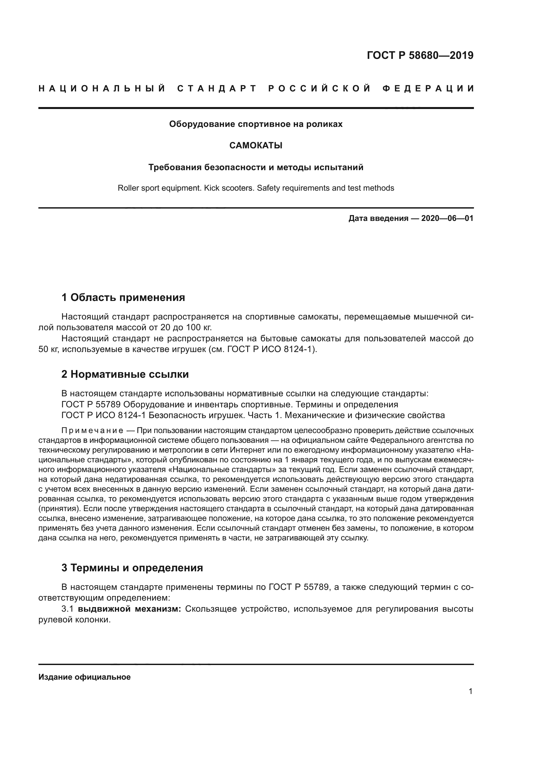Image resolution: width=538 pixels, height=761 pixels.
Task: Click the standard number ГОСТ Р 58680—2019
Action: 420,55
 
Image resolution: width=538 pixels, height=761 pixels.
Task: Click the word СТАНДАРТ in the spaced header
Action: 217,88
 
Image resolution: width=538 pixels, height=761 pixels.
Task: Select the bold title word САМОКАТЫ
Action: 256,145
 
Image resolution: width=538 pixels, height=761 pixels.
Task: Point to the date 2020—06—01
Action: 447,218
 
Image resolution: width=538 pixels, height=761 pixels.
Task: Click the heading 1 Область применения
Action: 123,297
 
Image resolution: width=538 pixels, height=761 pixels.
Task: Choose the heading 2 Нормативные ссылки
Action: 125,374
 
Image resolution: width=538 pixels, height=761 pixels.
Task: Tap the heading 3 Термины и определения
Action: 132,568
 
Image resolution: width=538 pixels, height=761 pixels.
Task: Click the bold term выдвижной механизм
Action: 129,609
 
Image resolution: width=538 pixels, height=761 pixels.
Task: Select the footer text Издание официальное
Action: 85,677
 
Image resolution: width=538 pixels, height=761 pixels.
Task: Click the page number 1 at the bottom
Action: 470,691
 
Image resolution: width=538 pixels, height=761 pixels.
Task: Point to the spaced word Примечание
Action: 92,431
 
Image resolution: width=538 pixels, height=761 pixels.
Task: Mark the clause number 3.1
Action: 68,609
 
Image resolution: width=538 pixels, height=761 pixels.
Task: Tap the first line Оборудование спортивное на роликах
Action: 256,124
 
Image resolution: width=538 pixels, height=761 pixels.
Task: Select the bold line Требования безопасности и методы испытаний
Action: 256,167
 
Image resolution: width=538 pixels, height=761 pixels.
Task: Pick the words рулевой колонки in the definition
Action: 74,620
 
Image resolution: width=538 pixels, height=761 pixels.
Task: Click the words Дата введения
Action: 378,218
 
